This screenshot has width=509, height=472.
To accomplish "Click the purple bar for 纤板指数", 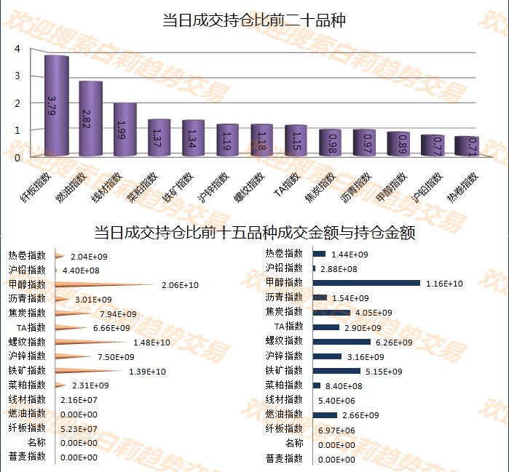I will (x=57, y=105).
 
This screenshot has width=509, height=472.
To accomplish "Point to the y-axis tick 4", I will (x=17, y=49).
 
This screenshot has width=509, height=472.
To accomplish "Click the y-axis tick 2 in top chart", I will (x=17, y=103).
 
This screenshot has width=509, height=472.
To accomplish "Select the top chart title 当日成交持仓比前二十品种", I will (x=253, y=20).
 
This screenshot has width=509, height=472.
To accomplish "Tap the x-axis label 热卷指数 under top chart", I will (x=464, y=187).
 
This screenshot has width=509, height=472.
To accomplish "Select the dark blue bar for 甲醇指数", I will (x=366, y=283).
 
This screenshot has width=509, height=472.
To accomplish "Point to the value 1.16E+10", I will (x=444, y=284).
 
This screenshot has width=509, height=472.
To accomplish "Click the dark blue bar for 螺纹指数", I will (x=342, y=342).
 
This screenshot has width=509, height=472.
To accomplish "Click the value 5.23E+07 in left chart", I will (x=79, y=428).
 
